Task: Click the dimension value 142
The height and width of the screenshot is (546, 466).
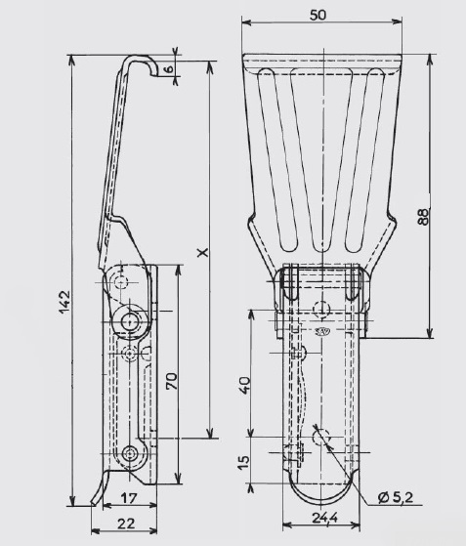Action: point(65,302)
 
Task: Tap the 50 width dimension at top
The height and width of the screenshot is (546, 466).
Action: point(318,15)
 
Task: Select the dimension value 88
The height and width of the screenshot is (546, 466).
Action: point(423,217)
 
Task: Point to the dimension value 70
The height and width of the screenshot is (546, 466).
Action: point(171,381)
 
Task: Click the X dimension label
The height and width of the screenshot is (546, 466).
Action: point(202,252)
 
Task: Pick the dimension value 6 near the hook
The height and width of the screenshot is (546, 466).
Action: point(169,68)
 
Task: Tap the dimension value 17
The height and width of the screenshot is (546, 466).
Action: point(129,498)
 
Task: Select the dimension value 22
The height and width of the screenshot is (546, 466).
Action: point(126,524)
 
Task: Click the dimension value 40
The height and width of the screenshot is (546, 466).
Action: point(245,385)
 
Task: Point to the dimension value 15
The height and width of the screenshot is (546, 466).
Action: point(244,462)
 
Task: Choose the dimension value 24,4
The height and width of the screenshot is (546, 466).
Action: point(324,518)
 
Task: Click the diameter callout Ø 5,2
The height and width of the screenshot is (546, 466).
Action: point(396,498)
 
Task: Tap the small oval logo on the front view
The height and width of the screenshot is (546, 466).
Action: point(323,331)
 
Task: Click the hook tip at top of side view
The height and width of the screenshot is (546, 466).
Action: point(153,74)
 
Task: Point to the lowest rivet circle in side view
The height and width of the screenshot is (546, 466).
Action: point(130,453)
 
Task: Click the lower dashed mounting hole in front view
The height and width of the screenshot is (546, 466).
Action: point(320,437)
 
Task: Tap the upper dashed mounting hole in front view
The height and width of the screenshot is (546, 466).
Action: point(320,309)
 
